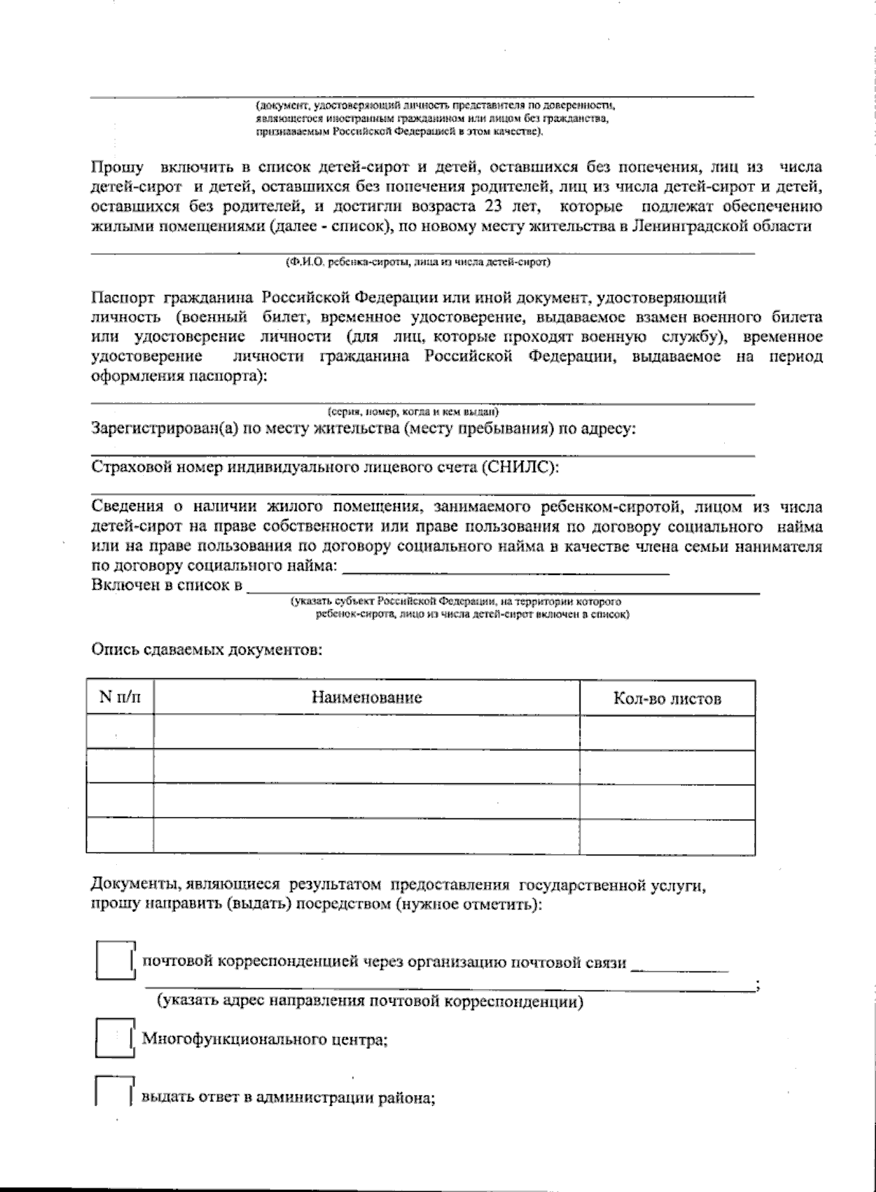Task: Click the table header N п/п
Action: tap(120, 697)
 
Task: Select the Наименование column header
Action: tap(366, 697)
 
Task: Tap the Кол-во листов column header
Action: tap(667, 699)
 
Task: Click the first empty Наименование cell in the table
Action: tap(366, 731)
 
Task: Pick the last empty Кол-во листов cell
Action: tap(667, 836)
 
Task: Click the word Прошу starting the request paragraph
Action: tap(117, 167)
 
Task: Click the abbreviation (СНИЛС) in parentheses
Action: tap(520, 467)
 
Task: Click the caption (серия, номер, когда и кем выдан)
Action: tap(413, 411)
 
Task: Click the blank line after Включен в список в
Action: tap(504, 588)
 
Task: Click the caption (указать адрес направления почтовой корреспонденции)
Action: tap(370, 1001)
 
